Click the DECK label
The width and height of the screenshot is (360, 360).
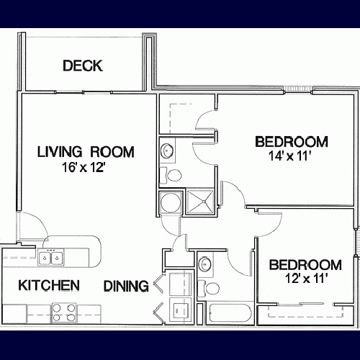coord(83,66)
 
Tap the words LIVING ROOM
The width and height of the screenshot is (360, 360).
coord(86,152)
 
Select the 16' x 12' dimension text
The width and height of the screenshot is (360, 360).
coord(83,167)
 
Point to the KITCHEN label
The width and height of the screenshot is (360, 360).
coord(49,285)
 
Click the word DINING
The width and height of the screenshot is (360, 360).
coord(126,286)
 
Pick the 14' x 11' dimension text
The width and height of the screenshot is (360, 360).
coord(289,156)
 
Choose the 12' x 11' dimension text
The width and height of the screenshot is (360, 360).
coord(307,279)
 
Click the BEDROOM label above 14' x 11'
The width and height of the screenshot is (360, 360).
coord(292,142)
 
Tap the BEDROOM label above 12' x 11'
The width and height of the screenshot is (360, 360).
coord(305,265)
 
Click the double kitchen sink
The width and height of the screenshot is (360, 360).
coord(51,258)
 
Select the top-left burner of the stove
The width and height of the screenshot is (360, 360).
coord(57,307)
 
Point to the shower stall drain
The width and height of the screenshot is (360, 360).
coord(204,201)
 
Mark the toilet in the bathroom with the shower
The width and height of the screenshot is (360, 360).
coord(171,174)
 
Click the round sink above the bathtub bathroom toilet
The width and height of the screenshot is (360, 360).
coord(204,264)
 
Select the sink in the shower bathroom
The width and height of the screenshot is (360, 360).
coord(167,150)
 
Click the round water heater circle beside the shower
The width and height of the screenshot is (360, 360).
coord(170,202)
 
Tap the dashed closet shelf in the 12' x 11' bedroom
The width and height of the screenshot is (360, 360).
coord(305,312)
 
